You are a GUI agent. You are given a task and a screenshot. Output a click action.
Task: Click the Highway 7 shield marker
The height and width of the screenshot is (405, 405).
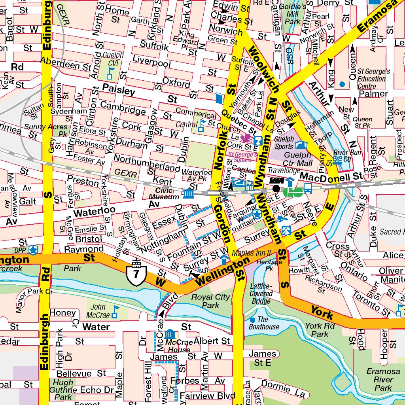(137, 273)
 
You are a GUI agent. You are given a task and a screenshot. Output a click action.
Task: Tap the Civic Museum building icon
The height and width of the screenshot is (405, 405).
(188, 193)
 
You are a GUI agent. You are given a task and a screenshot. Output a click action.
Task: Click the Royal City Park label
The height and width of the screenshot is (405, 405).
(210, 301)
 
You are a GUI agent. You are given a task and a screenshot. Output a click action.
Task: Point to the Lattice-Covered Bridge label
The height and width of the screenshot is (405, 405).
(261, 293)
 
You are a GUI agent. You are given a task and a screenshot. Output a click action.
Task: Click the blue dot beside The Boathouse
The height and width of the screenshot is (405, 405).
(252, 320)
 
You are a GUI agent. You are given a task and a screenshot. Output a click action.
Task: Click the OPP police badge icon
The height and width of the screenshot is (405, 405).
(34, 250)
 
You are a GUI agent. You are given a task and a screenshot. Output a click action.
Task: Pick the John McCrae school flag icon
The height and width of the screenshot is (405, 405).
(115, 312)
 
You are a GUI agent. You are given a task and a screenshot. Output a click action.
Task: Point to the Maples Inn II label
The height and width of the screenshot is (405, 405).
(251, 253)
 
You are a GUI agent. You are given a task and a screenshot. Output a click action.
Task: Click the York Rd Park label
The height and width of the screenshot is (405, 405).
(320, 330)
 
